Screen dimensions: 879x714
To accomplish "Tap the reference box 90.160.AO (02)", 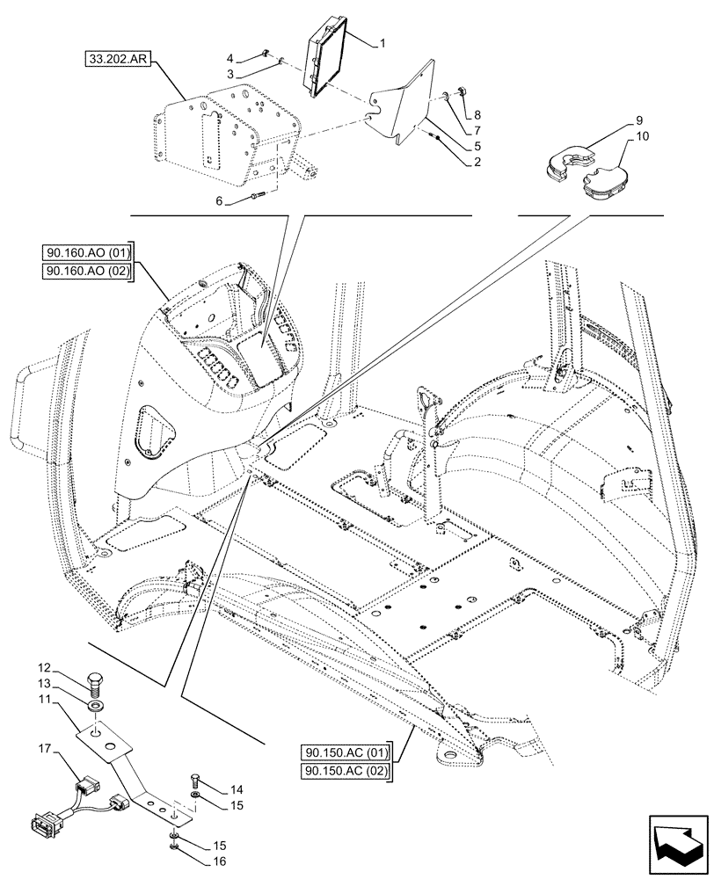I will click(x=86, y=272).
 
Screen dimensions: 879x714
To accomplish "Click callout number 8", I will click(x=477, y=115).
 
